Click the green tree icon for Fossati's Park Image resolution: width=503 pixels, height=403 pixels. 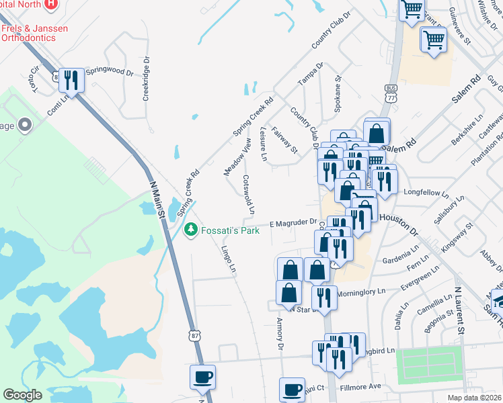pyautogui.click(x=191, y=230)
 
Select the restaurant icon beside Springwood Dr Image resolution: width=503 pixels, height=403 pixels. pyautogui.click(x=71, y=81)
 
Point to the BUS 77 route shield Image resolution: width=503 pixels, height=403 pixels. pyautogui.click(x=391, y=93)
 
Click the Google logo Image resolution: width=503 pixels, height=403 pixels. pyautogui.click(x=23, y=394)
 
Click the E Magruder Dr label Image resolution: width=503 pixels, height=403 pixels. pyautogui.click(x=293, y=222)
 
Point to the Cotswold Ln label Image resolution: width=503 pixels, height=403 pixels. pyautogui.click(x=248, y=194)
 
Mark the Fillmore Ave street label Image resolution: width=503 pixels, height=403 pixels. pyautogui.click(x=361, y=386)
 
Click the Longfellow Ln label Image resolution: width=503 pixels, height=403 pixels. pyautogui.click(x=426, y=192)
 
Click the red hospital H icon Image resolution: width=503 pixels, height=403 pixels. pyautogui.click(x=51, y=3)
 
